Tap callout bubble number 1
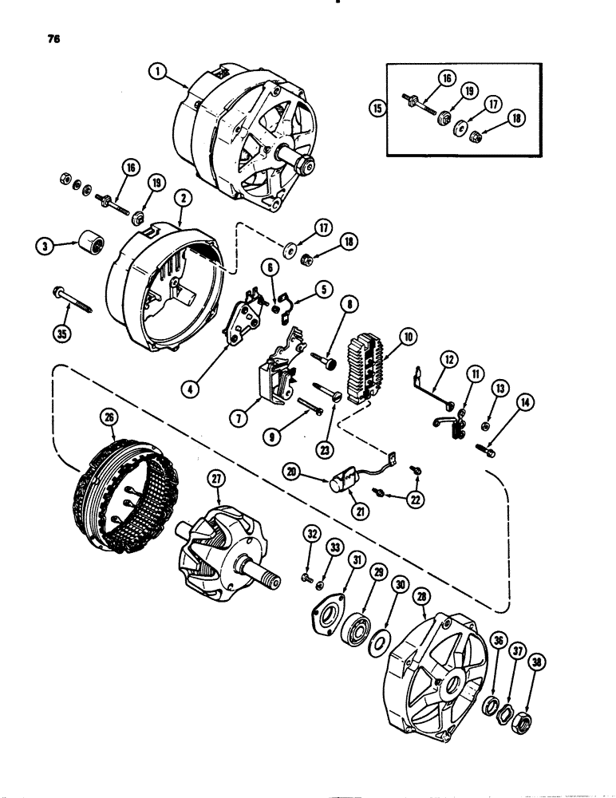[159, 71]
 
